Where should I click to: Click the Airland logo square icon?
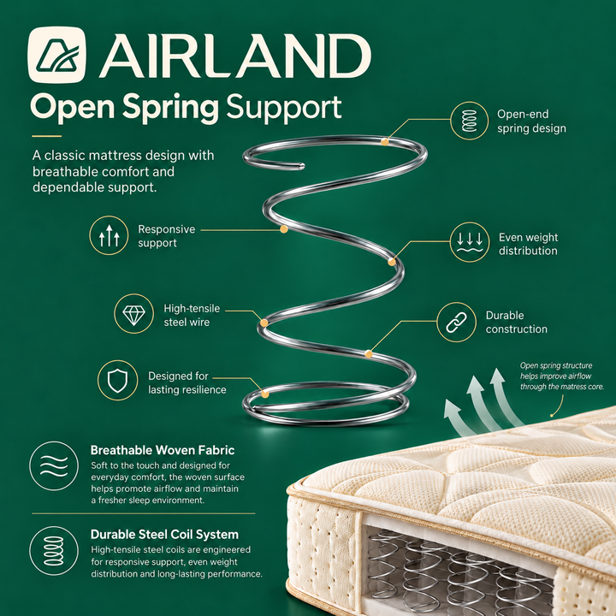pos(57,55)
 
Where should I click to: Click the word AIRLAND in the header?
pos(235,56)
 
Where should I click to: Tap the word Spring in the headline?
pos(170,107)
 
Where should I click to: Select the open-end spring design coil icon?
pos(469,121)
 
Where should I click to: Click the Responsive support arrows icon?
pos(109,235)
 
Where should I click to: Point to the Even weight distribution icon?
pos(470,242)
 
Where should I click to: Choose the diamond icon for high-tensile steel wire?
pos(133,313)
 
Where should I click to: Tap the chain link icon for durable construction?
pos(456,323)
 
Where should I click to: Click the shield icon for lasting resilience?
pos(117,380)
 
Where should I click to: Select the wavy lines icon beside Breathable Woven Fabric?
pos(54,466)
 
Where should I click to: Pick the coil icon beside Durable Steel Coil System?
pos(54,551)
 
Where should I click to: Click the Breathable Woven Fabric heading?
pos(163,450)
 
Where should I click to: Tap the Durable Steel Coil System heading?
pos(164,535)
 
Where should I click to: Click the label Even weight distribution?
pos(528,244)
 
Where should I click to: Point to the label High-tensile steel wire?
pos(192,315)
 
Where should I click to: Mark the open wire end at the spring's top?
pos(301,166)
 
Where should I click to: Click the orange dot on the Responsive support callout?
pos(284,229)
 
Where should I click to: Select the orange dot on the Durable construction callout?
pos(369,354)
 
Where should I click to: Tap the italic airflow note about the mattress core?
pos(562,376)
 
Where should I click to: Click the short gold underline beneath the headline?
pos(47,136)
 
